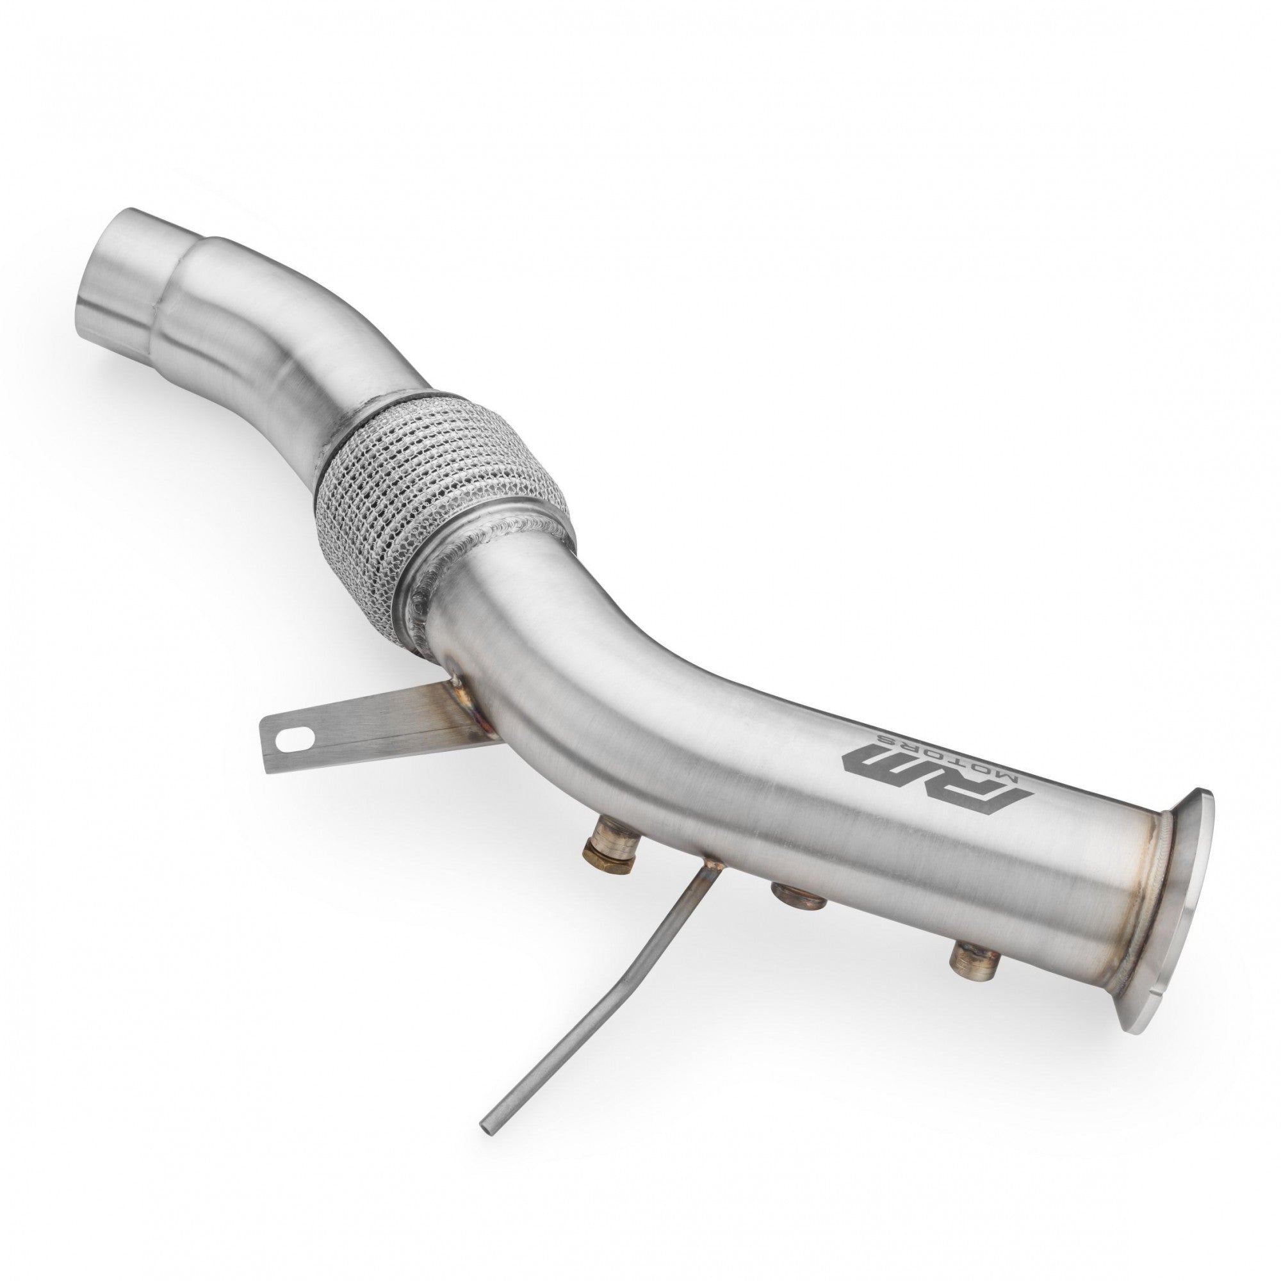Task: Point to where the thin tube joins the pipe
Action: click(709, 865)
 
